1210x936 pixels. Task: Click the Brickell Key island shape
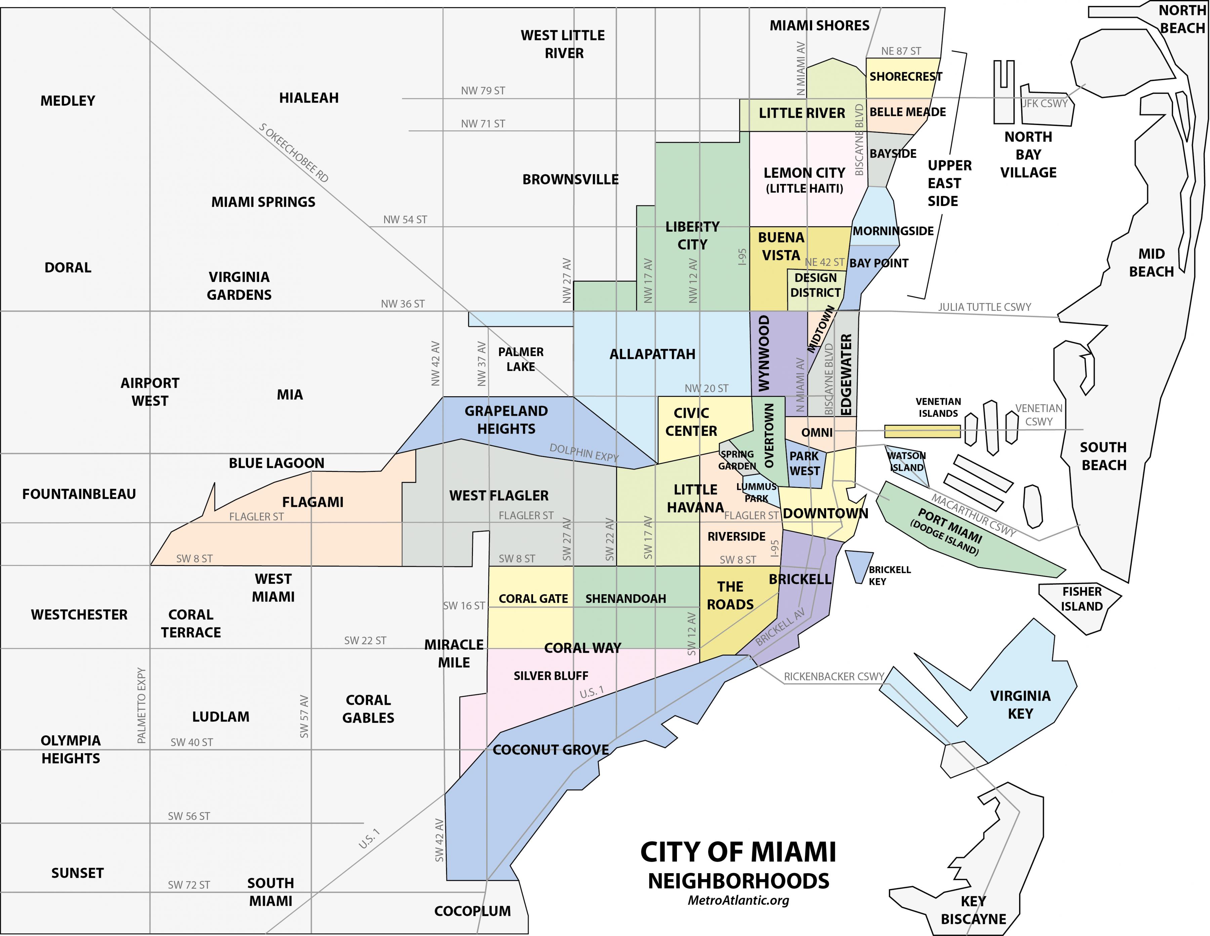[858, 565]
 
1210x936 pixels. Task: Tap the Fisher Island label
[1082, 599]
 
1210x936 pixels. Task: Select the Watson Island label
[906, 461]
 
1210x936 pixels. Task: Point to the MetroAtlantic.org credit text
[738, 900]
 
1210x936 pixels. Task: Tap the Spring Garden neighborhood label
[737, 460]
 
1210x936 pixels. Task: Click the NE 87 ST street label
[901, 51]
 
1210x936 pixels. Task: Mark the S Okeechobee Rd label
[294, 153]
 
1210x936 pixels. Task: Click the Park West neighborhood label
[804, 463]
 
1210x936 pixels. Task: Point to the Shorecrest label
[905, 76]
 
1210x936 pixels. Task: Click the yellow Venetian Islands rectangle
[922, 431]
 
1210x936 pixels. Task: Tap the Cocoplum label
[472, 911]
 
